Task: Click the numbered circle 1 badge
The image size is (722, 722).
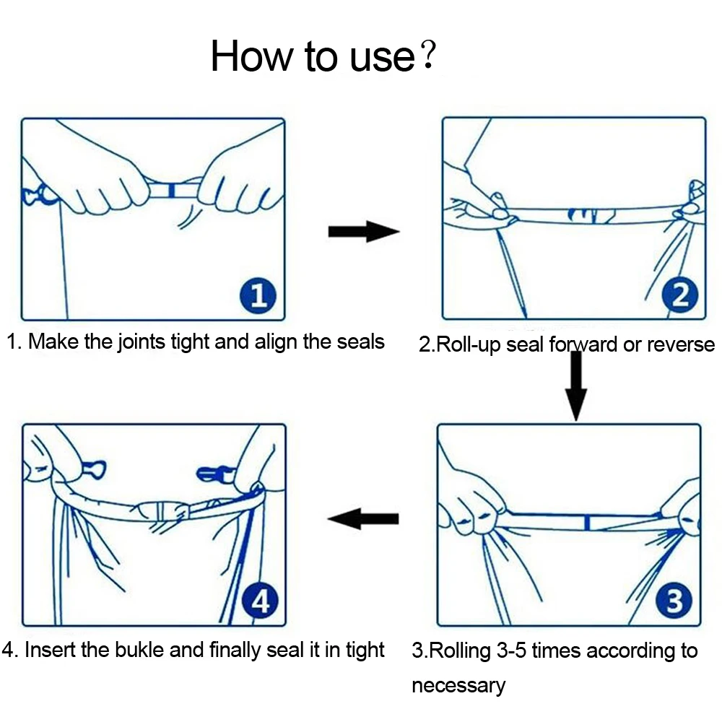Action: [258, 295]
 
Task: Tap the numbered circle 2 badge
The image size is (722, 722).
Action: [680, 295]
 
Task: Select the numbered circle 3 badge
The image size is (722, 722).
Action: [674, 601]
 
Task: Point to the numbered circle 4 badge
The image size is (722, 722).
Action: [260, 601]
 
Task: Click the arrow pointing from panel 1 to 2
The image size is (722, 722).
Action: [363, 231]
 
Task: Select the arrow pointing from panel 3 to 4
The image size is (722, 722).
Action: [363, 519]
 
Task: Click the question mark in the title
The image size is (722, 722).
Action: [427, 54]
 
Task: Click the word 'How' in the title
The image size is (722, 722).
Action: [252, 56]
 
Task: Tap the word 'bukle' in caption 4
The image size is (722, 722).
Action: [139, 650]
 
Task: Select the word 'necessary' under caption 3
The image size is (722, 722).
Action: [458, 686]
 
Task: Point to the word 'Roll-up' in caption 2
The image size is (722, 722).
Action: [468, 345]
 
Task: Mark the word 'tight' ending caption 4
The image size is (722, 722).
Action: [365, 651]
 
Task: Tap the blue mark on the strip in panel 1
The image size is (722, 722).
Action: [171, 190]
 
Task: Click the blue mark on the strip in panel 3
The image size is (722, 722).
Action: [586, 523]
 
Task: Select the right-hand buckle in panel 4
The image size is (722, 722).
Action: [215, 474]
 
